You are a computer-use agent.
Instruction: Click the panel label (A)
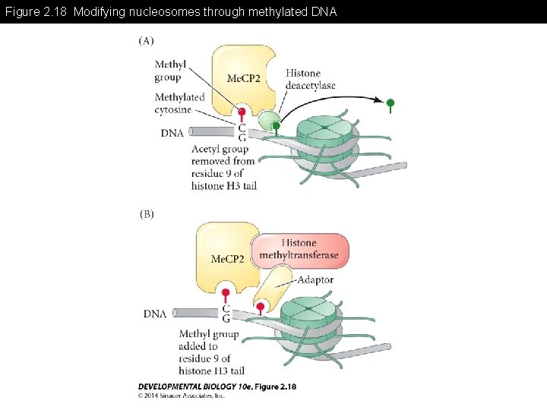pyautogui.click(x=146, y=40)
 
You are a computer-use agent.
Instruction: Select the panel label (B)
pyautogui.click(x=146, y=214)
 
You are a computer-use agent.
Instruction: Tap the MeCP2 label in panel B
pyautogui.click(x=227, y=259)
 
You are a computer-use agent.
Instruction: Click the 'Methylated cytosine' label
pyautogui.click(x=179, y=103)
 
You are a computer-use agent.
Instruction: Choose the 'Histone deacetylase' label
pyautogui.click(x=310, y=79)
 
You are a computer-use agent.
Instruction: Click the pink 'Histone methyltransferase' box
pyautogui.click(x=299, y=250)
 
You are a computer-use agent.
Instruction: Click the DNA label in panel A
pyautogui.click(x=172, y=133)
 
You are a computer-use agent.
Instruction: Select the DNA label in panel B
pyautogui.click(x=155, y=314)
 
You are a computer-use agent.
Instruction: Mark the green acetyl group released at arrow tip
pyautogui.click(x=390, y=102)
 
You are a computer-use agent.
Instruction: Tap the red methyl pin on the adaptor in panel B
pyautogui.click(x=261, y=307)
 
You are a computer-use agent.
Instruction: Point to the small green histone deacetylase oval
pyautogui.click(x=270, y=119)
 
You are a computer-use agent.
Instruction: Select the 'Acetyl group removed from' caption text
pyautogui.click(x=223, y=155)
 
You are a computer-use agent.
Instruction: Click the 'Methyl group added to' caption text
pyautogui.click(x=209, y=340)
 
